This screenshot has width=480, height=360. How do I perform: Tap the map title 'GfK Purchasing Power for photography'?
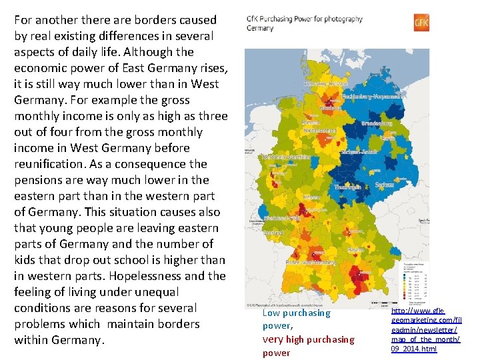tap(305, 19)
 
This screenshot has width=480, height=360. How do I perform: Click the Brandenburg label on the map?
tap(375, 123)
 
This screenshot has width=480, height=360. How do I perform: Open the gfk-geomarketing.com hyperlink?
tap(427, 329)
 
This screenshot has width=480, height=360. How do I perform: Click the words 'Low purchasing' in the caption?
tap(296, 313)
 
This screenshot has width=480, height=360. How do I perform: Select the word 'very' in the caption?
tap(273, 339)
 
